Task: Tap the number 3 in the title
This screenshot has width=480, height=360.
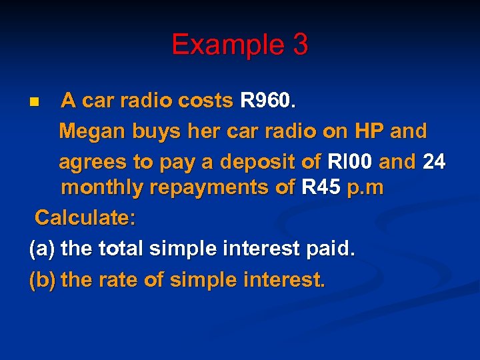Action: click(x=299, y=45)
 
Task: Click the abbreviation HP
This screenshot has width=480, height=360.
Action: click(x=363, y=131)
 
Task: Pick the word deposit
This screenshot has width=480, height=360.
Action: click(x=257, y=161)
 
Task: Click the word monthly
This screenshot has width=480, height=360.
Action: click(x=103, y=189)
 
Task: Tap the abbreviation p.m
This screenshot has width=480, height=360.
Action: click(x=365, y=189)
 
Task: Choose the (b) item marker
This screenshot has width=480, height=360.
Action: click(x=42, y=279)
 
